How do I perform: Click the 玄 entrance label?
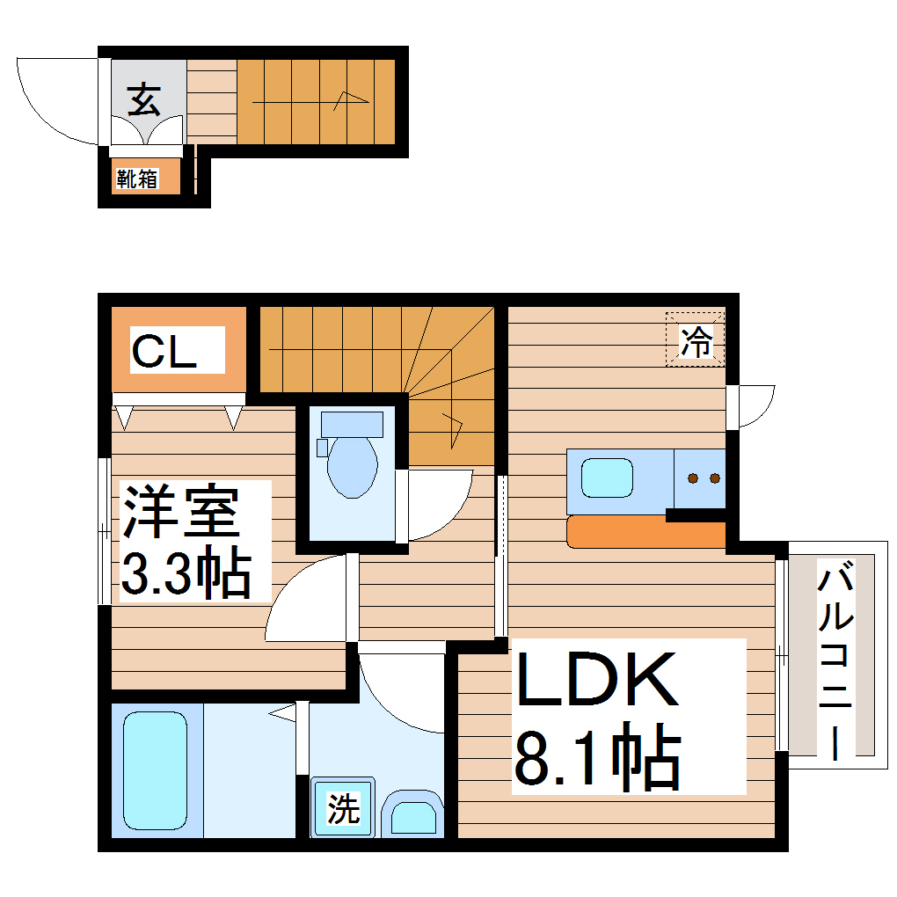pos(144,100)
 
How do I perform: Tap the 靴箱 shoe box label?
pos(136,179)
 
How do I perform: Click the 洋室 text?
pos(180,512)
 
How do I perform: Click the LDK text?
pos(597,680)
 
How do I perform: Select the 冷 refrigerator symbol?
pos(696,340)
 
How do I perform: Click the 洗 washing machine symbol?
pos(343,807)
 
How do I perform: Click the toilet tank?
pos(352,425)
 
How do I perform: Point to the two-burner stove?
pos(701,478)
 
